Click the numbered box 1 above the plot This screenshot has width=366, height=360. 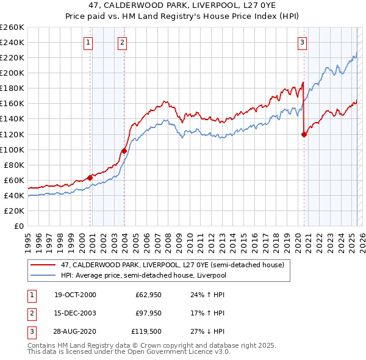[x=88, y=42]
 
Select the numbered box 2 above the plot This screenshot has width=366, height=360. [x=123, y=42]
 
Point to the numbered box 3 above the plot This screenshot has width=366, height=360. [x=302, y=42]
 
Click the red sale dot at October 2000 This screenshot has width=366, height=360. [x=90, y=178]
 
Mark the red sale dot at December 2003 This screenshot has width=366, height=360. [x=124, y=151]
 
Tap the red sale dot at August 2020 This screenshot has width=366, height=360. [x=304, y=135]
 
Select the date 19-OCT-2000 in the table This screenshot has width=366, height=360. [x=75, y=295]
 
